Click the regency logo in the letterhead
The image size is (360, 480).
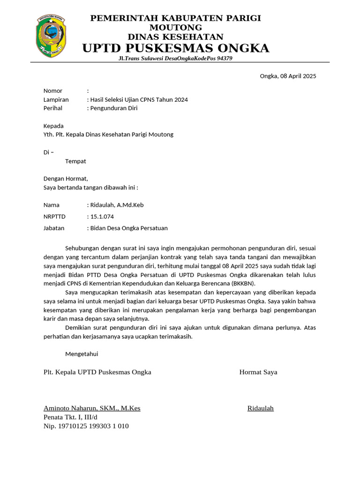coord(51,36)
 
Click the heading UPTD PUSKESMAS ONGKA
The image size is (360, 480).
coord(176,48)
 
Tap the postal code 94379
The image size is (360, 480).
coord(222,59)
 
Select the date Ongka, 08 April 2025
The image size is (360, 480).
coord(288,76)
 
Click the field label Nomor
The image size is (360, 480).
coord(53,91)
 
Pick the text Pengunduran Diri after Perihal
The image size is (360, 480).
coord(114,108)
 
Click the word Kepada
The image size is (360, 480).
coord(53,126)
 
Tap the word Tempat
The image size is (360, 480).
coord(75,161)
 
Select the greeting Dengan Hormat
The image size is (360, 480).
coord(66,179)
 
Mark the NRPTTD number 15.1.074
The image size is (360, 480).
coord(102,217)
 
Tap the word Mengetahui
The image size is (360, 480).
coord(82,354)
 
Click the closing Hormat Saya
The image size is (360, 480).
coord(258,372)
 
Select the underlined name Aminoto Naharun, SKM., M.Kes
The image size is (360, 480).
coord(92,408)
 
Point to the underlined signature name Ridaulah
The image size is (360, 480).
coord(260,408)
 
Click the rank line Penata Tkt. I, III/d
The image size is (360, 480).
coord(70,417)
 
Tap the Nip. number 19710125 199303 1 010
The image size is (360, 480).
coord(86,426)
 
